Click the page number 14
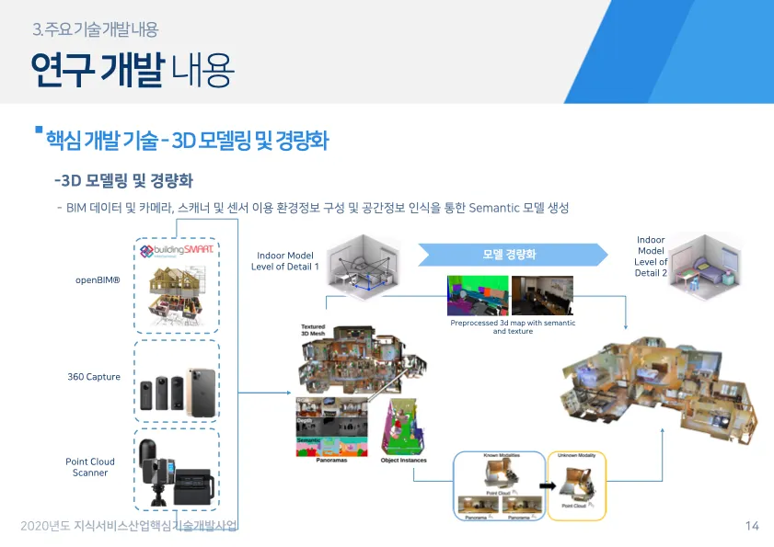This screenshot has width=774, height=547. tap(752, 526)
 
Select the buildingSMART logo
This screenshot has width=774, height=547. tap(177, 250)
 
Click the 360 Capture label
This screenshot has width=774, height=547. tap(94, 377)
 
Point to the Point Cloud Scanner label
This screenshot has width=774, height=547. tap(90, 467)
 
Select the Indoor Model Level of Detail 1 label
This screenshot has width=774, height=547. tap(284, 261)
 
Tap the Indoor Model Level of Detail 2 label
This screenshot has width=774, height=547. tap(651, 256)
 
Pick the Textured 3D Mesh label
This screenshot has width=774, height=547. tap(314, 330)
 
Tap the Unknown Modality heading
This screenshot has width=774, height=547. tap(576, 455)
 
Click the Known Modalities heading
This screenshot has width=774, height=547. tap(502, 455)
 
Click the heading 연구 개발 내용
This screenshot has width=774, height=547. tap(132, 69)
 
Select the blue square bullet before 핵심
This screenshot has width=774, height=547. tap(39, 130)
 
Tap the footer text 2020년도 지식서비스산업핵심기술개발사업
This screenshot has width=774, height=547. tap(129, 526)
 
